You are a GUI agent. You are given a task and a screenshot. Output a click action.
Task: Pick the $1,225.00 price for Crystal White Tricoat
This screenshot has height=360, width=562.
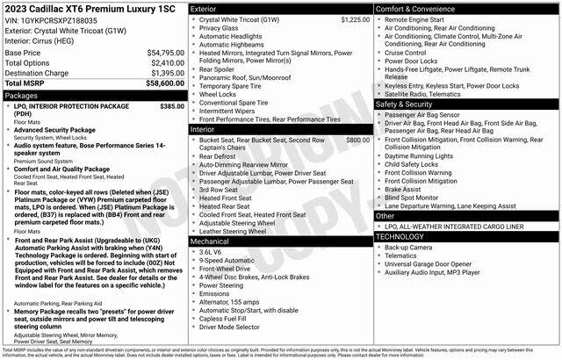tap(346, 18)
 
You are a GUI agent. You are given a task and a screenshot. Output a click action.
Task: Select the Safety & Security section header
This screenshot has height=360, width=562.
tap(406, 104)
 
